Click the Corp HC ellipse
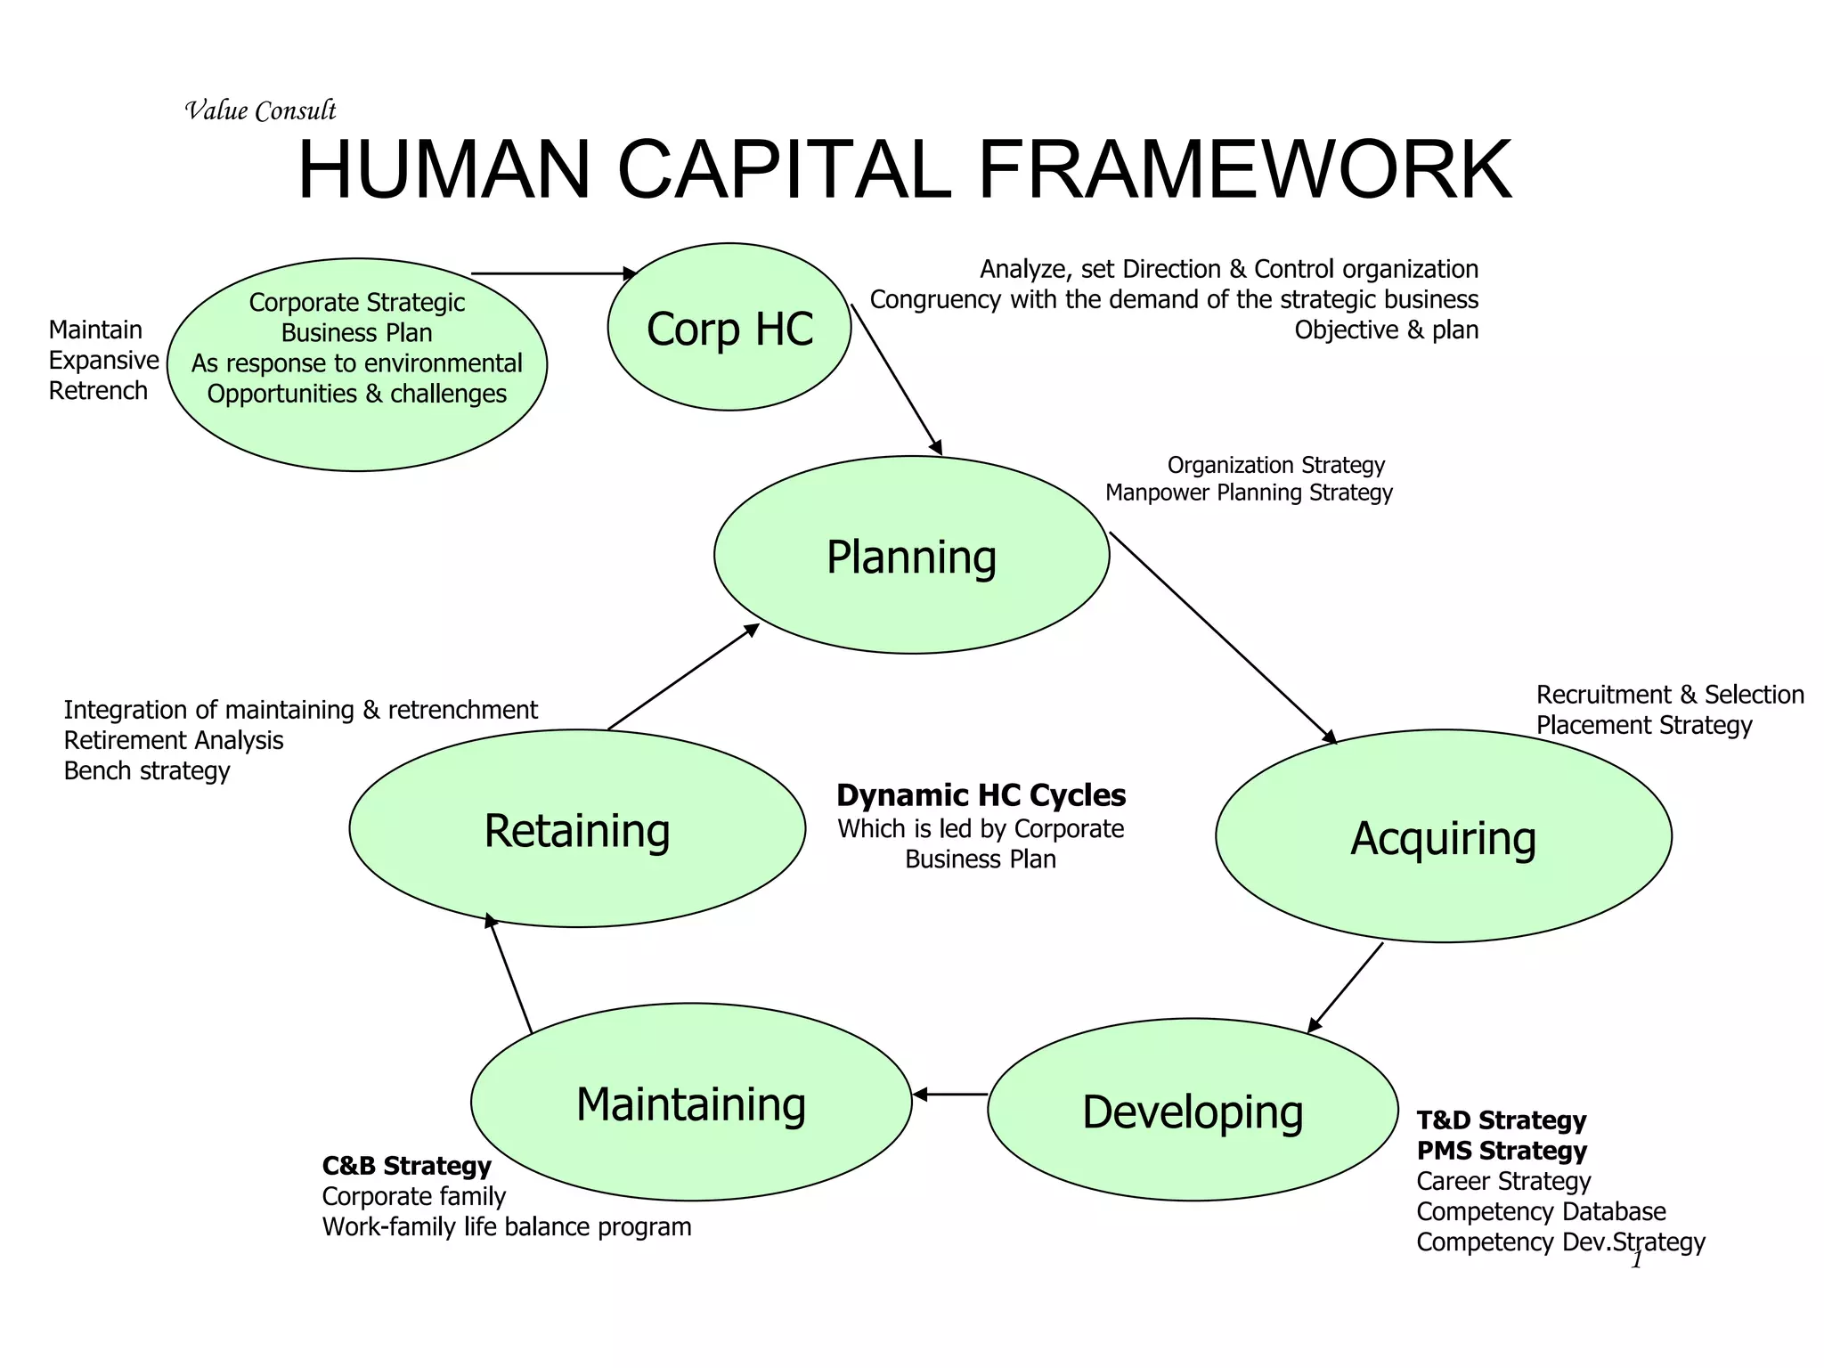(729, 327)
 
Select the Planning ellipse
(911, 556)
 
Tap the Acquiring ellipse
(1443, 836)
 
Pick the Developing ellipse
(1193, 1110)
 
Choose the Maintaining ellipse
(691, 1103)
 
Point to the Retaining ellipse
(577, 829)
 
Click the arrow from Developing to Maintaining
(950, 1094)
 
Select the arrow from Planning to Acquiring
(1223, 637)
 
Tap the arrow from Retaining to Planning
(683, 677)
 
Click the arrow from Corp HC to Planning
(896, 379)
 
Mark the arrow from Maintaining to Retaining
(509, 973)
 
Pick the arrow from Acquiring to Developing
(1345, 988)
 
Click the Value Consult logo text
(260, 110)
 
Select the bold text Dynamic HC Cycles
(981, 794)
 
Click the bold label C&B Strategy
(406, 1165)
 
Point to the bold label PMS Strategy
(1502, 1150)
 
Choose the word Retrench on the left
(98, 390)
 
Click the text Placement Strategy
(1643, 725)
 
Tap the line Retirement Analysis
(174, 740)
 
